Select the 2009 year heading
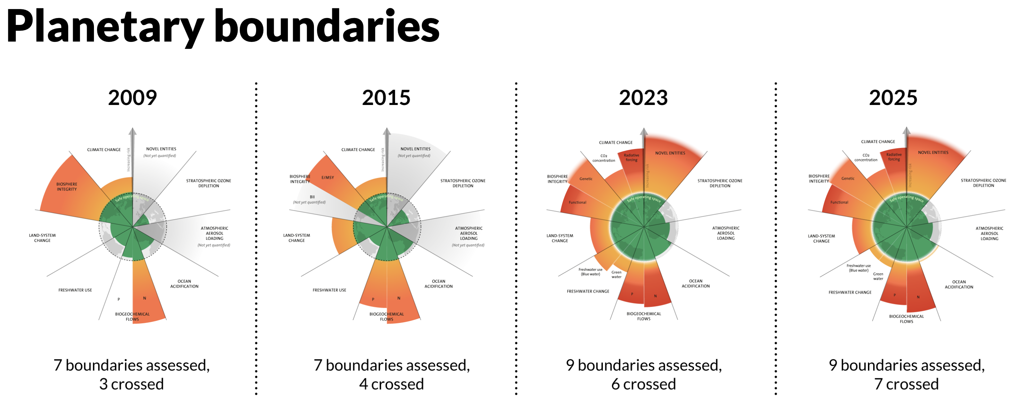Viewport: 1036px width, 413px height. click(132, 98)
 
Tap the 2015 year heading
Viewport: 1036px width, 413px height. click(386, 98)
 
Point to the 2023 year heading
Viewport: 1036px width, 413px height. click(643, 98)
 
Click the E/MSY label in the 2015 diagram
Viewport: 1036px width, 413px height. click(327, 177)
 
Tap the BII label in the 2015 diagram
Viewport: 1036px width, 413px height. click(312, 197)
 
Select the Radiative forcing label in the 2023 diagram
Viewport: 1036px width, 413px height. click(631, 158)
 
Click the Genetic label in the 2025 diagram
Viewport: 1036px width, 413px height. click(848, 178)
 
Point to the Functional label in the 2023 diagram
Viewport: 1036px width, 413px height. click(577, 202)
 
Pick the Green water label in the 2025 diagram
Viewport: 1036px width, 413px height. click(878, 276)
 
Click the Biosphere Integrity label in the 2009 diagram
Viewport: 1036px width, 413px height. click(67, 187)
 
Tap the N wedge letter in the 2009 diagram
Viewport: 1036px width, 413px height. click(144, 298)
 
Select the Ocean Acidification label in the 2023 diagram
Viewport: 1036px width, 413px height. click(695, 283)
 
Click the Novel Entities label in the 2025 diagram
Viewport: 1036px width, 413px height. click(933, 152)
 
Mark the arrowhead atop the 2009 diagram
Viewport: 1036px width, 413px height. click(132, 131)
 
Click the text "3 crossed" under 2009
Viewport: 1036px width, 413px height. click(132, 384)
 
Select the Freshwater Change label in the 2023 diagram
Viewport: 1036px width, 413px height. click(588, 291)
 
